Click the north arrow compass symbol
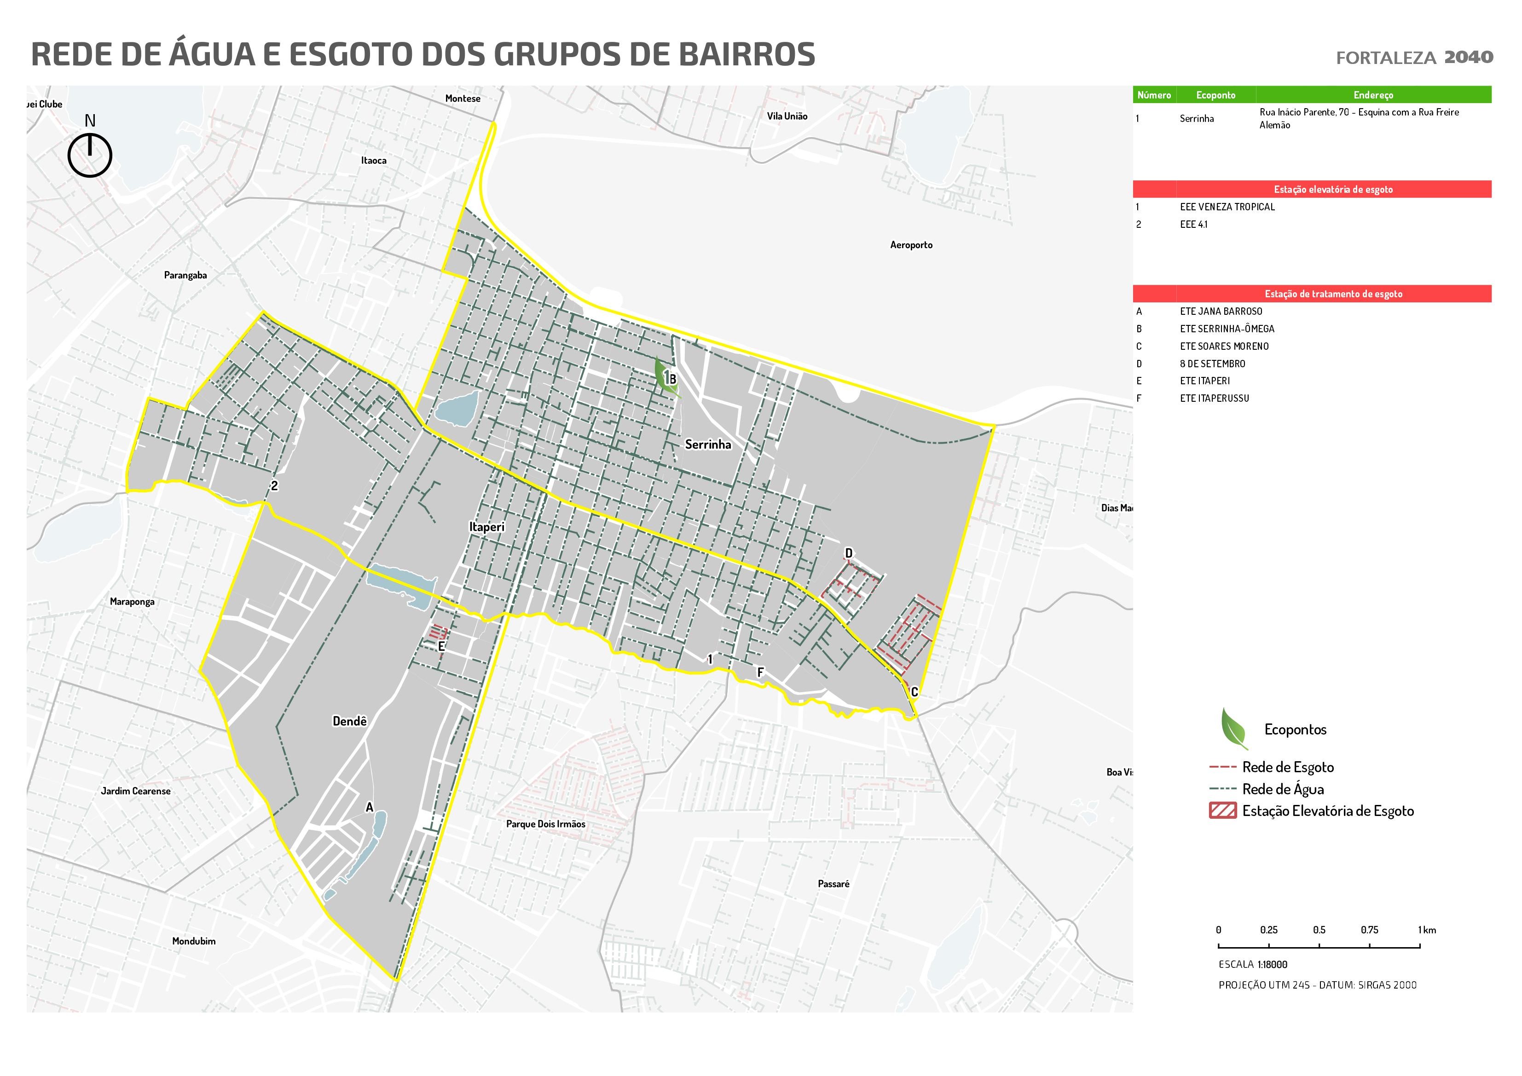[89, 155]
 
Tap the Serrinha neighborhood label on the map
[708, 444]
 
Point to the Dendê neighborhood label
[349, 721]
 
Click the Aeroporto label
[911, 245]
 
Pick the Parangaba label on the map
[185, 275]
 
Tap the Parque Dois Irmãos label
[545, 824]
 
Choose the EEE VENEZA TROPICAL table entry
[1227, 207]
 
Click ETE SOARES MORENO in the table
[1224, 346]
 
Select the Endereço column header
[1373, 95]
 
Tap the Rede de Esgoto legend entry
[1287, 767]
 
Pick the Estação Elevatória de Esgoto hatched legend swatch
[1222, 811]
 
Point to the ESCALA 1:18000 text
[1252, 965]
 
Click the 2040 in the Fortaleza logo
[1468, 57]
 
